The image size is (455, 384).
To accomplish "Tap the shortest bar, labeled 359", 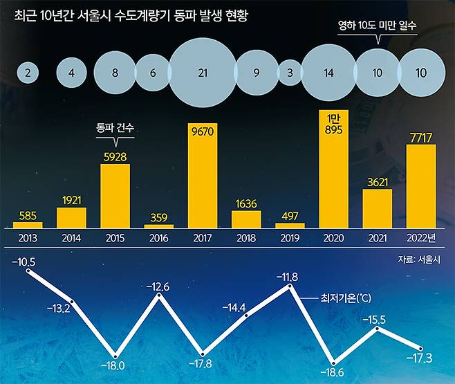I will point(158,226).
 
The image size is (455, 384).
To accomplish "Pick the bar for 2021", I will point(377,208).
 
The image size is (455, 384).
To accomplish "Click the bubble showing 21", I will point(203,73).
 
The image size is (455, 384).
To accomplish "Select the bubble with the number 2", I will point(28,73).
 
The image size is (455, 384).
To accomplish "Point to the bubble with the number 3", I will point(290,73).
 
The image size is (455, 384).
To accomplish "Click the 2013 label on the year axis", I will point(28,237).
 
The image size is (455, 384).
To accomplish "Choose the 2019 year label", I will point(290,237).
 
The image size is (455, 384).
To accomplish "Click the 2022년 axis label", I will point(421,237).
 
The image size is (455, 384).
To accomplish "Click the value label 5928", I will point(115,156).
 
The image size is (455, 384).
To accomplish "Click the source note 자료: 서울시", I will point(419,259).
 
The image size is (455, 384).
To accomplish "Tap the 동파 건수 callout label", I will point(114,128).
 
